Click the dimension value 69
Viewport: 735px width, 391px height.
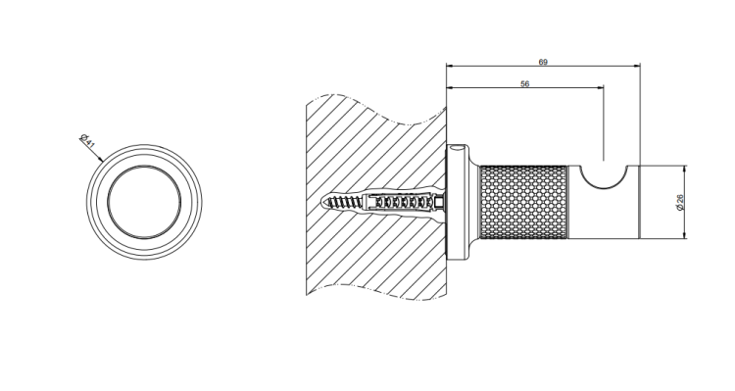tap(543, 62)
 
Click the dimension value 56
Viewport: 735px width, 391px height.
tap(525, 84)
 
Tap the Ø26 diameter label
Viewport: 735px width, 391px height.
tap(680, 202)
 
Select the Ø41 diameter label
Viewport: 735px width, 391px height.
tap(87, 141)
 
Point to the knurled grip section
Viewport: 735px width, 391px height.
tap(524, 202)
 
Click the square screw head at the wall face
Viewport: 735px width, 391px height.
tap(439, 203)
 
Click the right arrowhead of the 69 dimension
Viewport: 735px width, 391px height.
tap(637, 66)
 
